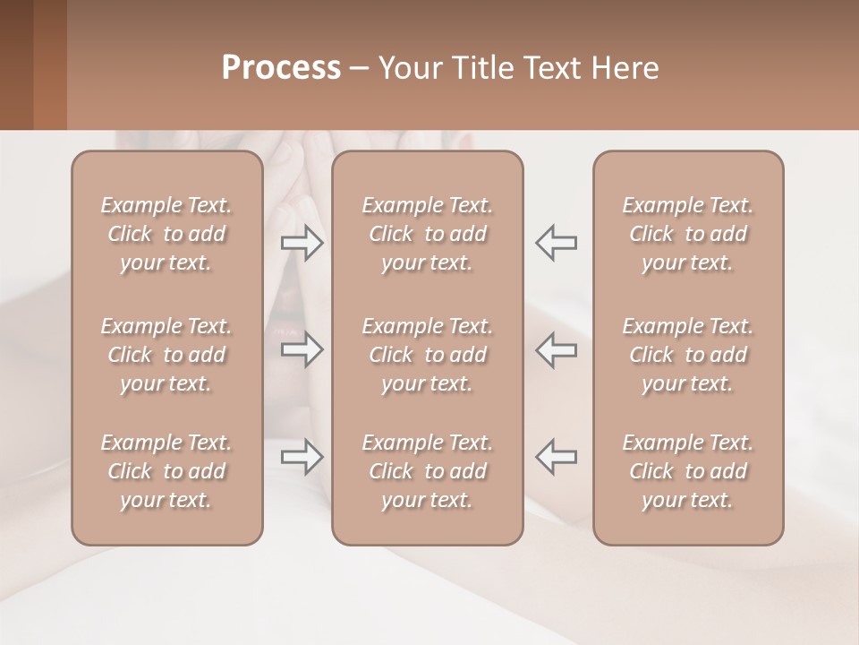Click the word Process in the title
[281, 68]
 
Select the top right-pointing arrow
[302, 243]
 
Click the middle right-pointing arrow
[302, 349]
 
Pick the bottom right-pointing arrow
[302, 457]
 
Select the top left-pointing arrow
[556, 243]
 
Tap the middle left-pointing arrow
[556, 349]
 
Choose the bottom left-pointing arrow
[556, 457]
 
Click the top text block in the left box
[166, 234]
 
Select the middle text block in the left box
[166, 355]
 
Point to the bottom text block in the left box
[166, 471]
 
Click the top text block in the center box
[428, 234]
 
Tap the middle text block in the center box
[428, 355]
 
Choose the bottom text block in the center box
[428, 471]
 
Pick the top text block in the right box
[688, 234]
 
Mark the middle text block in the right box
[688, 355]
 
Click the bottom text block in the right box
[688, 471]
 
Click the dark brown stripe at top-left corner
[16, 64]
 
